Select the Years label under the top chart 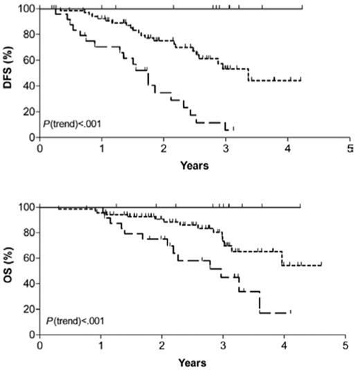point(194,165)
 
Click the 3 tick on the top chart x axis point(226,148)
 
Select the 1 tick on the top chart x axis point(102,148)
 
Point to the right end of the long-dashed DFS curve point(233,129)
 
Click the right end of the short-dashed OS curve point(322,263)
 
